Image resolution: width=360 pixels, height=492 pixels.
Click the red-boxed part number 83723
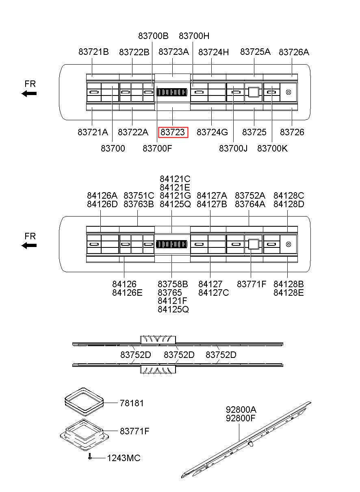(173, 132)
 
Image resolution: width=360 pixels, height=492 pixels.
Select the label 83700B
(153, 36)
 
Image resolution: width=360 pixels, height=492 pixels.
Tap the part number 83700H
(194, 36)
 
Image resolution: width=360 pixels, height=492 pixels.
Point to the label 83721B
(93, 52)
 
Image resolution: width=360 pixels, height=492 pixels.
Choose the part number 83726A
(294, 52)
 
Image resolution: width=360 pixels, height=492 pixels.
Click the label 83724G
(212, 132)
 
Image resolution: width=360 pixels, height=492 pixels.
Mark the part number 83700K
(272, 149)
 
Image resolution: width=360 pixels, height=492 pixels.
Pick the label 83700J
(233, 149)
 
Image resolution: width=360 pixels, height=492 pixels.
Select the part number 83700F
(157, 149)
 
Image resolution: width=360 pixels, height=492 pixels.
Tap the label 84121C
(175, 179)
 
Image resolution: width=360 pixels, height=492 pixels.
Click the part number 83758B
(173, 284)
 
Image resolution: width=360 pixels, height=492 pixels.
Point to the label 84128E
(288, 293)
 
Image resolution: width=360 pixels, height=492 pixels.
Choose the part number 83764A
(250, 204)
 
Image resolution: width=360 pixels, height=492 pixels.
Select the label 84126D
(102, 204)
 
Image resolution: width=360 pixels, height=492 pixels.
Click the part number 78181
(132, 403)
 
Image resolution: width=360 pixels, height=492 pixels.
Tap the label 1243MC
(124, 458)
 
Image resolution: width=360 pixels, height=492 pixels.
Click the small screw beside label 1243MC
(90, 457)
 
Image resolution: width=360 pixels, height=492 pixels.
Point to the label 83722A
(133, 132)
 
